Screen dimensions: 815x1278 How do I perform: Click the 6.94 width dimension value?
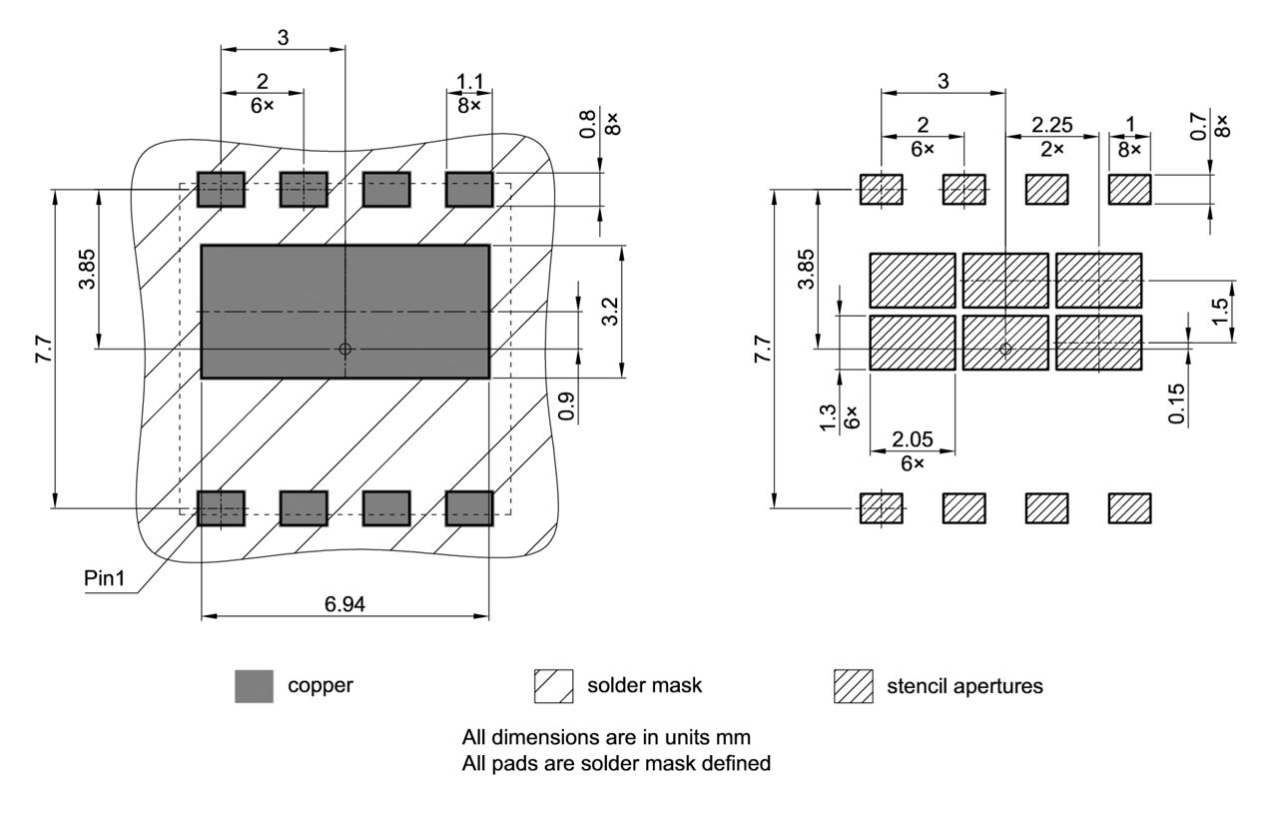click(x=344, y=603)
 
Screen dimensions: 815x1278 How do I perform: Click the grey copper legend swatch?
click(x=254, y=686)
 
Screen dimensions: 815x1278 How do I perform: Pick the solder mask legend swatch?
click(x=553, y=686)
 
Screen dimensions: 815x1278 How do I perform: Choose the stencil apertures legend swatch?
click(x=853, y=686)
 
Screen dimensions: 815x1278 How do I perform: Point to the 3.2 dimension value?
click(x=610, y=312)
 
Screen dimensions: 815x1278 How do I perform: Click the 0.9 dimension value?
click(x=566, y=405)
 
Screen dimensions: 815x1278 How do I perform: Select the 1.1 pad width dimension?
click(x=469, y=80)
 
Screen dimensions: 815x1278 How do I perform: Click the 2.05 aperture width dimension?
click(x=913, y=438)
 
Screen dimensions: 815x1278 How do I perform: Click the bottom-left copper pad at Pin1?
click(x=221, y=507)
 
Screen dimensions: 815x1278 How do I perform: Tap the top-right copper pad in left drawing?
click(x=469, y=189)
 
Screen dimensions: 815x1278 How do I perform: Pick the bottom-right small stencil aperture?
click(x=1129, y=507)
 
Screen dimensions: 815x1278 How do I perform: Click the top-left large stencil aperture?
click(x=913, y=280)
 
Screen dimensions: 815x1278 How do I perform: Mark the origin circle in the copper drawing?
click(x=344, y=349)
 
